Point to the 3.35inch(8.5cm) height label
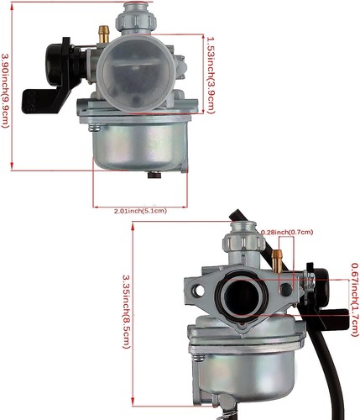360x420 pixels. (127, 308)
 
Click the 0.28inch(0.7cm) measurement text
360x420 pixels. (286, 231)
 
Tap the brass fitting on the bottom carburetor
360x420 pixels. (279, 250)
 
